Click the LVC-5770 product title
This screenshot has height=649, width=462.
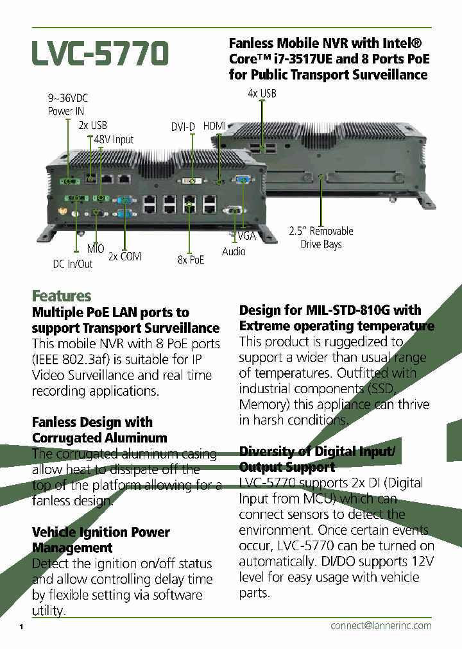[100, 53]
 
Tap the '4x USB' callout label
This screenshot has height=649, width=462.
[262, 94]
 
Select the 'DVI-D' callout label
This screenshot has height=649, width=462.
[183, 127]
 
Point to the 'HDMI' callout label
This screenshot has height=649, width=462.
[215, 126]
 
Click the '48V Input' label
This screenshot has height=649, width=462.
[114, 140]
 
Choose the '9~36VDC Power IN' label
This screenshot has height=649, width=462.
[68, 105]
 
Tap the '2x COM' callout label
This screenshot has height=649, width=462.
[124, 257]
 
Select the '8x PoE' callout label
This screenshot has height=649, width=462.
[191, 260]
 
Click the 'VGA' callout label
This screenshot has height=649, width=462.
[246, 236]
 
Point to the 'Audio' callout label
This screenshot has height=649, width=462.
[234, 251]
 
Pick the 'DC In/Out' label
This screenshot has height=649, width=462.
[73, 264]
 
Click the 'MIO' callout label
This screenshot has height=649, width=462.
[96, 249]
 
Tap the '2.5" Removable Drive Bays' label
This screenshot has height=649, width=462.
[321, 237]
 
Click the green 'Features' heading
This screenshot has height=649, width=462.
[62, 296]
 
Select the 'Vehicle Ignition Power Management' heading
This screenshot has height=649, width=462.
[101, 540]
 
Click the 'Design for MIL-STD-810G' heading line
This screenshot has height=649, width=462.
[330, 310]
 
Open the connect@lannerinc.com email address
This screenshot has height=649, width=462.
[381, 625]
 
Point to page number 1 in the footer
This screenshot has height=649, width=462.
[21, 627]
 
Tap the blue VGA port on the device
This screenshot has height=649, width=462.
[243, 180]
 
